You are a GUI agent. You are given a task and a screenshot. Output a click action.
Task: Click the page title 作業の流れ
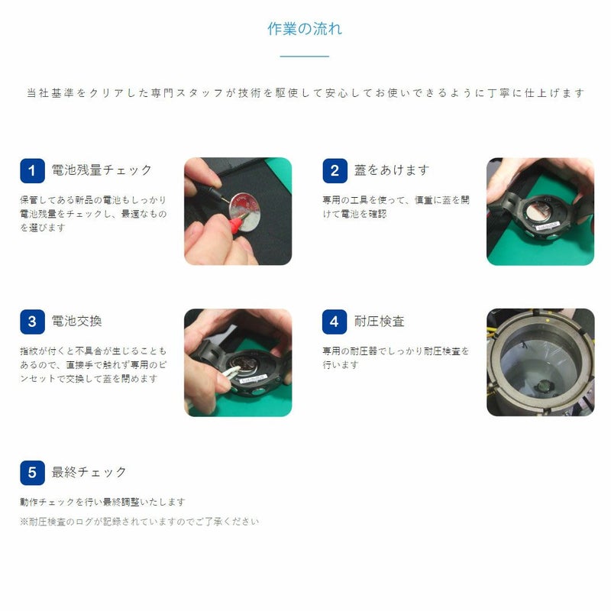[305, 29]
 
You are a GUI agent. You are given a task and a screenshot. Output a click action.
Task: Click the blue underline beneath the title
[305, 57]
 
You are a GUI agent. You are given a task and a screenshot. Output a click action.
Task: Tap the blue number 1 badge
[32, 170]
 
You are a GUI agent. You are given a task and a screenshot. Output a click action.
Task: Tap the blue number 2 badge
[334, 170]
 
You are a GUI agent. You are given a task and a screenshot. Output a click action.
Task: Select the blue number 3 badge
[32, 322]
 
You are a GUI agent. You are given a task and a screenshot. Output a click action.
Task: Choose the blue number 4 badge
[334, 322]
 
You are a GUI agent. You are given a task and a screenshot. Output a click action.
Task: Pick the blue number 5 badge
[32, 473]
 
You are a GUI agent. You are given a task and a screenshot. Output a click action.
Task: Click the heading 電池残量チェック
[102, 170]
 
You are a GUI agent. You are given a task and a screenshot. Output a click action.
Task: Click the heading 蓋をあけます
[392, 170]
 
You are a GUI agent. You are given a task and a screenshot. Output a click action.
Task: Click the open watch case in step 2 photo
[539, 218]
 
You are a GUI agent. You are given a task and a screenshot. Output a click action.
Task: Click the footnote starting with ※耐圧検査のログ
[140, 522]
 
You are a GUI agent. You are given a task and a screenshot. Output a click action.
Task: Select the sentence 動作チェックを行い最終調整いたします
[103, 502]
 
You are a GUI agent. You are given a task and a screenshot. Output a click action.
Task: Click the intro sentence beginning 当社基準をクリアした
[305, 93]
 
